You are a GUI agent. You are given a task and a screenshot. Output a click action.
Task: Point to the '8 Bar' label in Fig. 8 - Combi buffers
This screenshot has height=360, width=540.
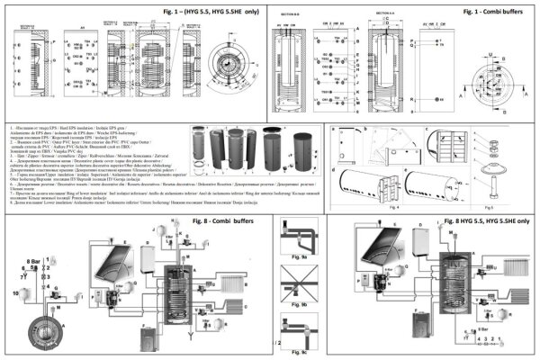(x=34, y=261)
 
